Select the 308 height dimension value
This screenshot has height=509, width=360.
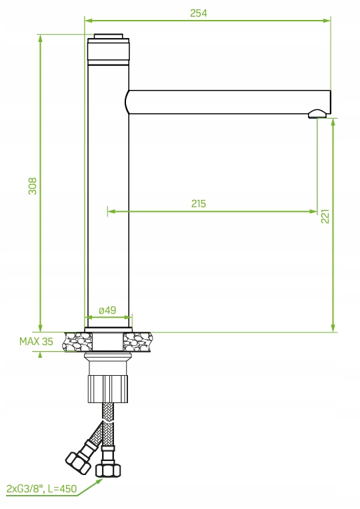tap(32, 185)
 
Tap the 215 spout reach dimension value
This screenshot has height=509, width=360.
tap(198, 204)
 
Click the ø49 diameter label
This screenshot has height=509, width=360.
tap(107, 310)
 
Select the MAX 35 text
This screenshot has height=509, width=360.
tap(36, 341)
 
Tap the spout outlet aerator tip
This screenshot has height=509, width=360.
tap(318, 115)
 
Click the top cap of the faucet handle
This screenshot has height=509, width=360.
tap(108, 37)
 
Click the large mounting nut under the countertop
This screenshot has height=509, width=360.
tap(107, 388)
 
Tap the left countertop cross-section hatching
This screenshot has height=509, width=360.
tap(76, 342)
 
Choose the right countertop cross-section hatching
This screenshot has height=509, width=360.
tap(139, 342)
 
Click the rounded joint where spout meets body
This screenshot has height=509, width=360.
tap(127, 101)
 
